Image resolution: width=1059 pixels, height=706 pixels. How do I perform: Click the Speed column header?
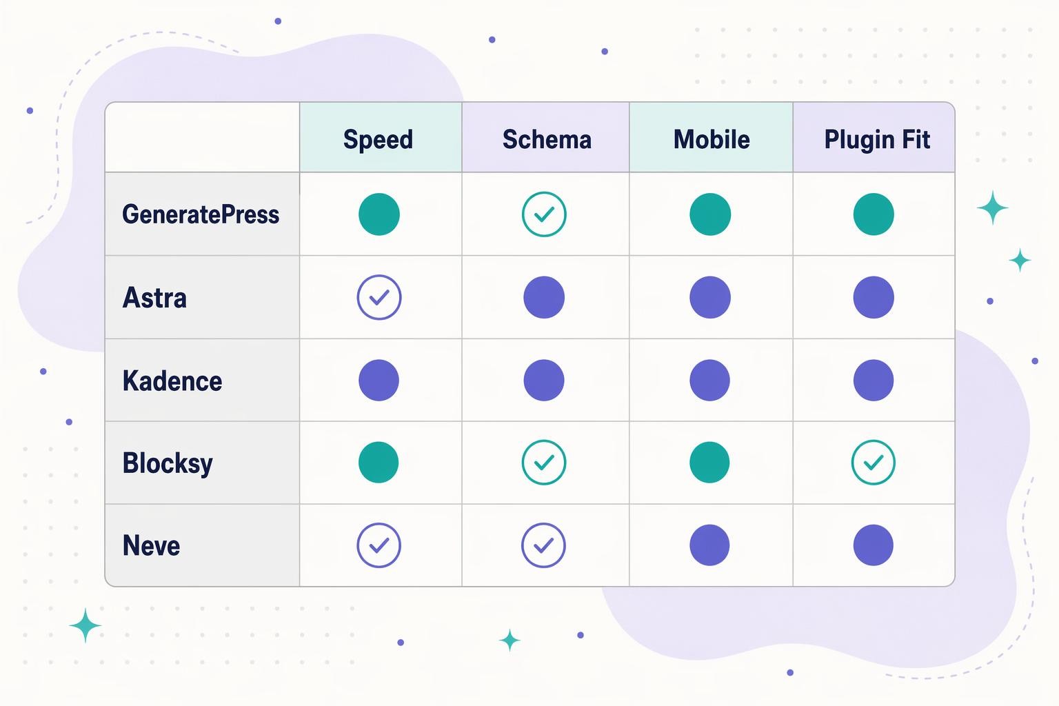click(378, 139)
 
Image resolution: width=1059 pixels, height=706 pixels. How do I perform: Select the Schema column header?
click(547, 139)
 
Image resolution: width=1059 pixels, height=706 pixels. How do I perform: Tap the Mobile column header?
click(712, 139)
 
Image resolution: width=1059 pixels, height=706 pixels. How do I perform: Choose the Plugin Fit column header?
click(877, 139)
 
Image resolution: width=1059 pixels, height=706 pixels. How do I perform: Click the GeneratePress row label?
click(201, 214)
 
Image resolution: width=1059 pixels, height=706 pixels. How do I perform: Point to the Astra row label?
click(154, 298)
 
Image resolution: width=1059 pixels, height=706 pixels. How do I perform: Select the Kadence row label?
click(172, 381)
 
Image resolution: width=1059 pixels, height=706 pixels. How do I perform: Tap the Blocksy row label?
click(168, 463)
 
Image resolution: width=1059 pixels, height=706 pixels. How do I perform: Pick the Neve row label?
click(151, 545)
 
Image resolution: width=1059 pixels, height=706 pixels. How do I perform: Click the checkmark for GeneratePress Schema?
click(544, 214)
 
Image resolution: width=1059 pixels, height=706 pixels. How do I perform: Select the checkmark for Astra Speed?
click(379, 297)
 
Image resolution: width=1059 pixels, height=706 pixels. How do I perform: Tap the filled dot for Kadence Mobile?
click(709, 380)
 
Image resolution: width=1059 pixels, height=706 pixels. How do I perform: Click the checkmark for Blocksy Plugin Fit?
click(874, 462)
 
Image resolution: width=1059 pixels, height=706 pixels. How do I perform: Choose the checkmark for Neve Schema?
click(543, 545)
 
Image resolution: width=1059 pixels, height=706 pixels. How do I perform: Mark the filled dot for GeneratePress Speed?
click(379, 214)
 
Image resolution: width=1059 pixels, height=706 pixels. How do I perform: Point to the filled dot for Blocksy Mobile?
click(709, 462)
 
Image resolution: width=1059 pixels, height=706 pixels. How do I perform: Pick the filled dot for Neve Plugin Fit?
click(874, 545)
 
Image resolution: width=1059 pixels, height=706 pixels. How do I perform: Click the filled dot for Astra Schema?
click(544, 297)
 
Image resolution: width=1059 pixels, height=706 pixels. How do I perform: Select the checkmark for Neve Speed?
click(379, 545)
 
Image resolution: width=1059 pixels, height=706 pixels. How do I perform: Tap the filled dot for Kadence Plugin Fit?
click(874, 380)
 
